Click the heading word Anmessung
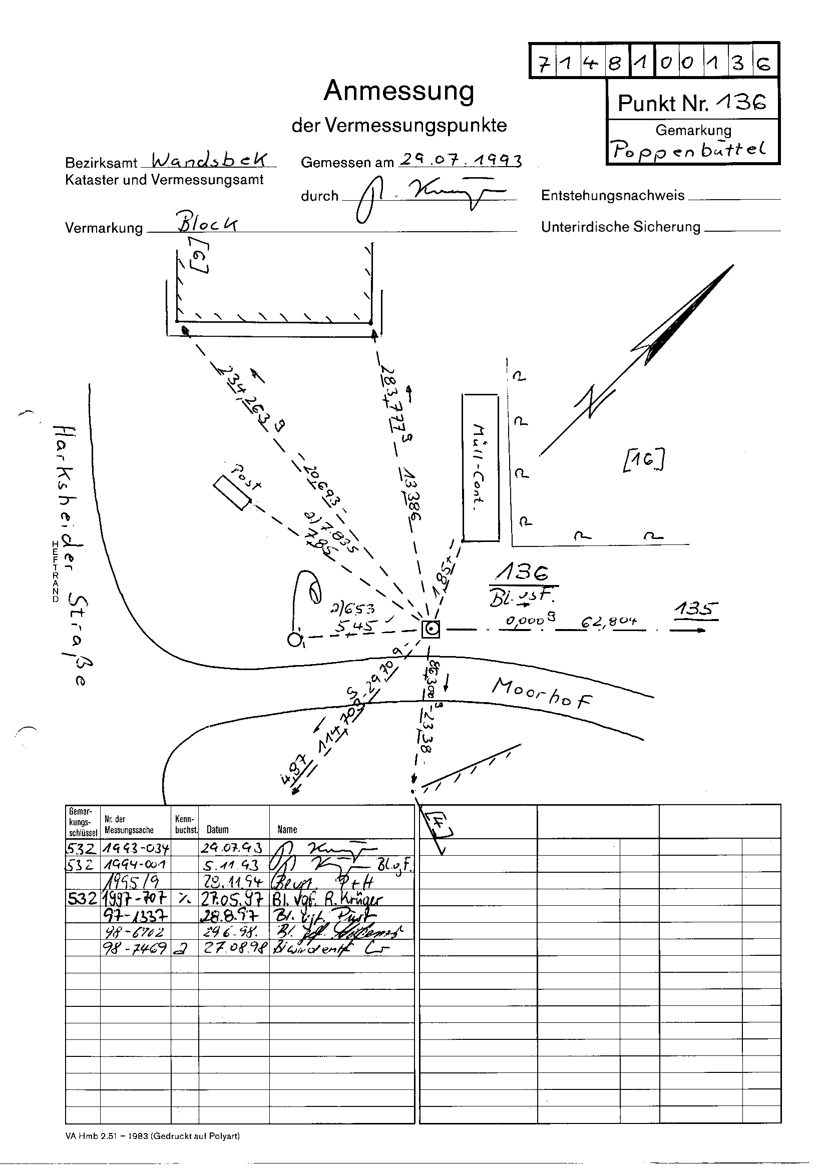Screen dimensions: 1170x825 point(398,91)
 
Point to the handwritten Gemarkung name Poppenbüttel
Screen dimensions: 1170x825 point(689,149)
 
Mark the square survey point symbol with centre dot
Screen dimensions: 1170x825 point(432,630)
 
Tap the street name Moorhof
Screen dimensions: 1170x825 point(542,693)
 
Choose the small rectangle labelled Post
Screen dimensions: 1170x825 point(231,492)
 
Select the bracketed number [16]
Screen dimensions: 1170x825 point(644,460)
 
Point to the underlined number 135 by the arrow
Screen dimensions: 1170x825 point(696,610)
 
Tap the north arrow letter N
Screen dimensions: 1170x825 point(595,400)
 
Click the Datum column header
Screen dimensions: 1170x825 point(218,829)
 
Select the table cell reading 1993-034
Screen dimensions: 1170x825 point(135,847)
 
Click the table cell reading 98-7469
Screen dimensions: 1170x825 point(135,948)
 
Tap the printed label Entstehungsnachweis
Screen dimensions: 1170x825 point(612,196)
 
